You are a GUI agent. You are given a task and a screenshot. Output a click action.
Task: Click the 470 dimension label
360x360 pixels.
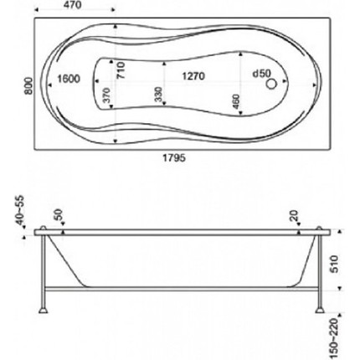(73, 4)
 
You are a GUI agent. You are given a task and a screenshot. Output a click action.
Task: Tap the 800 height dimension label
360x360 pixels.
(28, 86)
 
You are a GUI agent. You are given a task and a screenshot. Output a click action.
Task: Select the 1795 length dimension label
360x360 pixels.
(174, 158)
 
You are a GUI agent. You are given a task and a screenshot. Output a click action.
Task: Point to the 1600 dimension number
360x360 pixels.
(69, 79)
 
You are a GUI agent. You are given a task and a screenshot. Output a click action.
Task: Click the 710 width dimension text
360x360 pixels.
(121, 70)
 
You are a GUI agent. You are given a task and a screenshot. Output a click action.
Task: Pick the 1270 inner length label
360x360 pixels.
(193, 76)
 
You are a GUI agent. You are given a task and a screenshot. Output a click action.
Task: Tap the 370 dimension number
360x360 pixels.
(107, 95)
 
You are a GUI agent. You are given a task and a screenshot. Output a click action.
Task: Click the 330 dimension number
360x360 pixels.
(158, 95)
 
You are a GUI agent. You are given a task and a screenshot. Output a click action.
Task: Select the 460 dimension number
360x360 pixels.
(236, 101)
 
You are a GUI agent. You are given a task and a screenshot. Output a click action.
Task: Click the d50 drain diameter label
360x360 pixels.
(261, 74)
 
